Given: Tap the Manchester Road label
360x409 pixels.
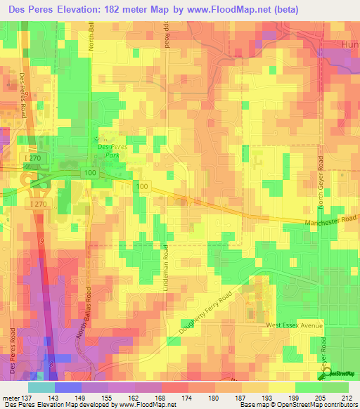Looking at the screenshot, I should click(x=331, y=223).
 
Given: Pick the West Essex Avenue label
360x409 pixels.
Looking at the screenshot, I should click(x=294, y=325).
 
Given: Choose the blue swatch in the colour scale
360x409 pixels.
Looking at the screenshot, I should click(x=67, y=387).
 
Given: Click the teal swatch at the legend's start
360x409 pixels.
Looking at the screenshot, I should click(x=41, y=387).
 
